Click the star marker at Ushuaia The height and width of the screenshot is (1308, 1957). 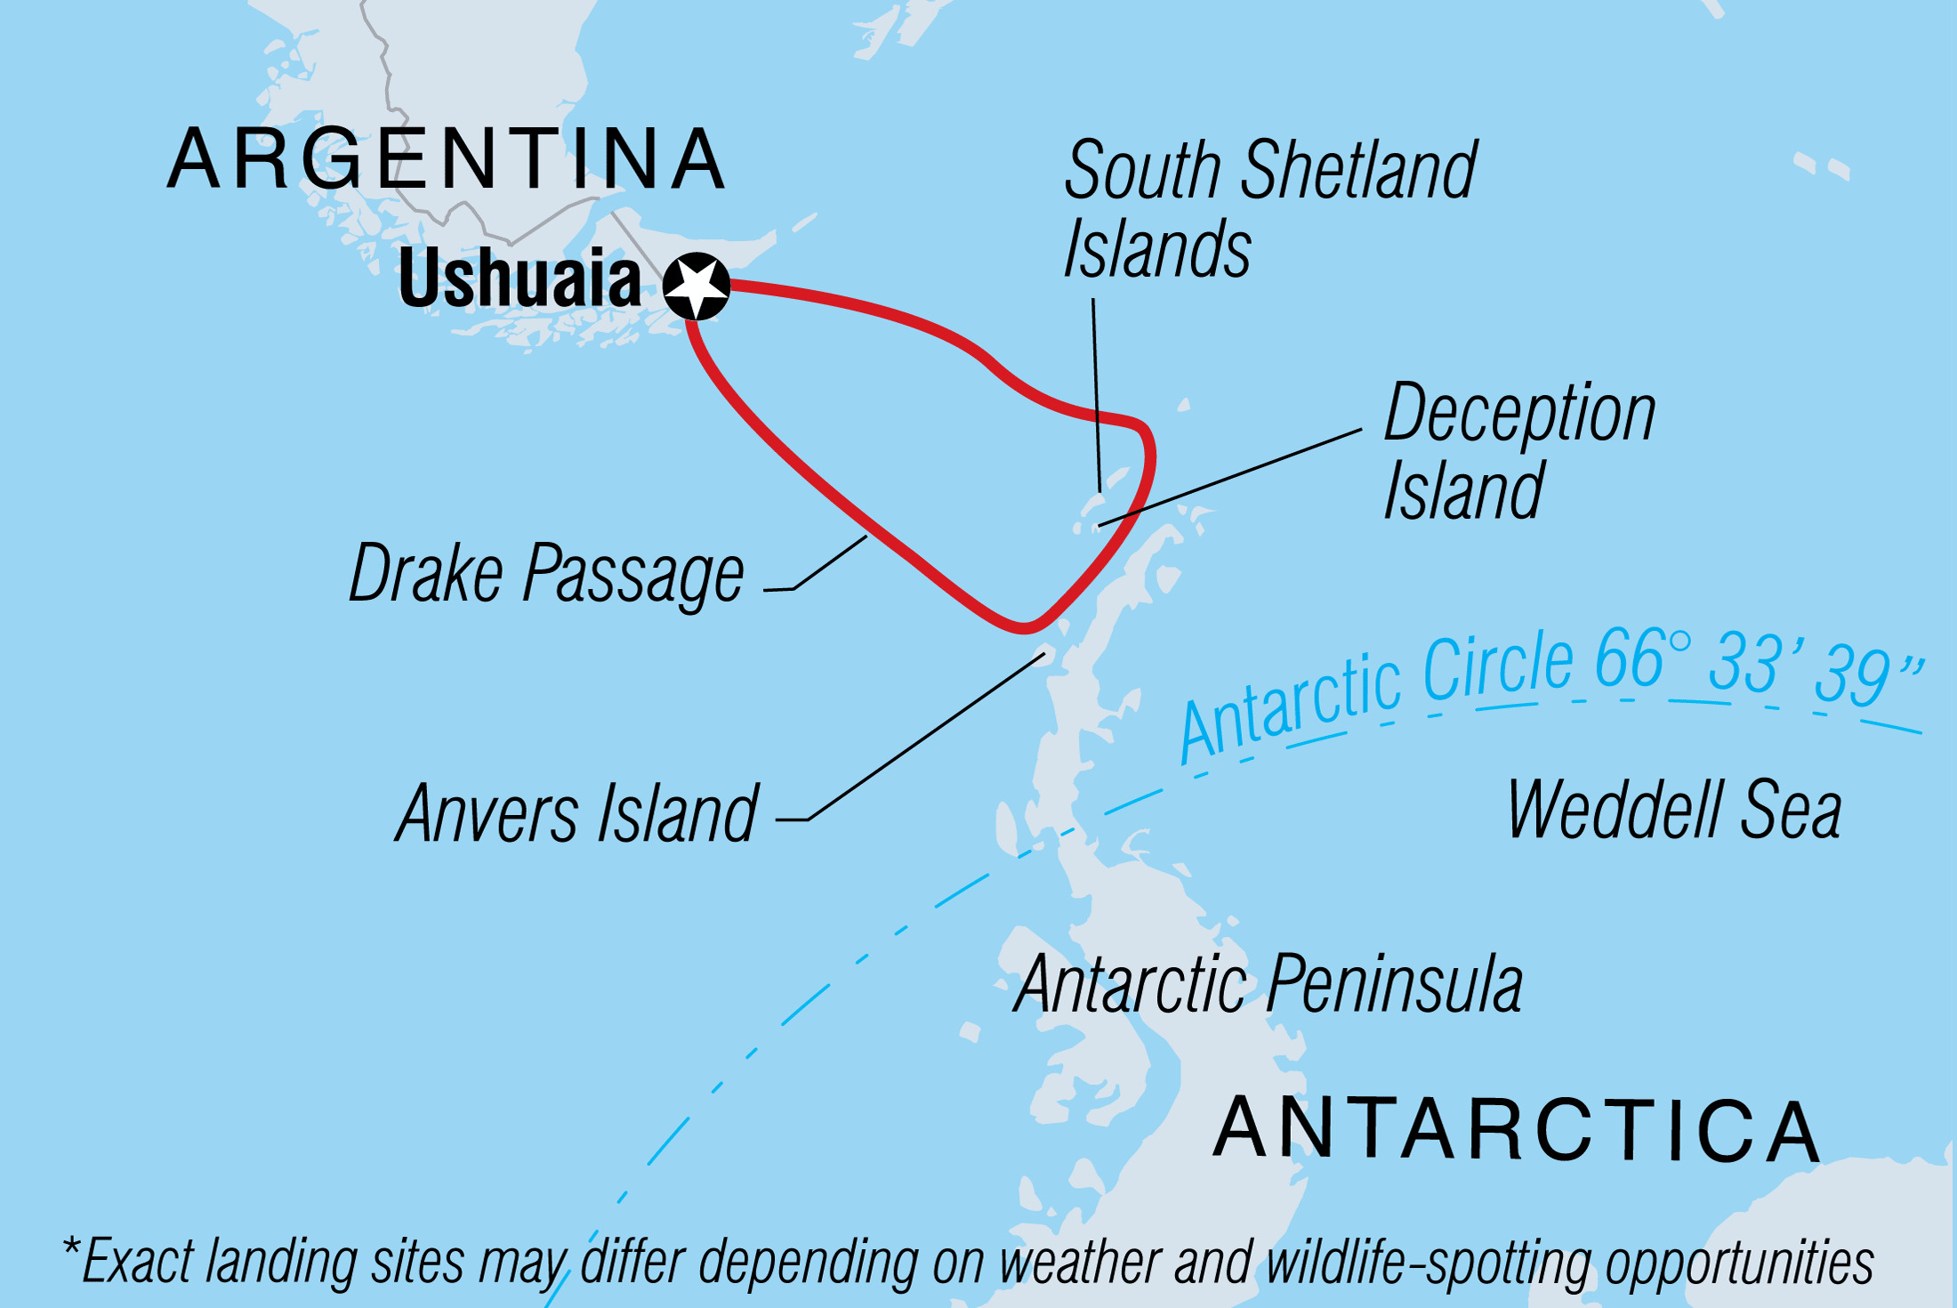(x=697, y=286)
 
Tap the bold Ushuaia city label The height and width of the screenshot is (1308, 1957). (x=519, y=279)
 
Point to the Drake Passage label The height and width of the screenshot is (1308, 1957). (x=546, y=574)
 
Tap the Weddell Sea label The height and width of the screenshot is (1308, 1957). (x=1674, y=810)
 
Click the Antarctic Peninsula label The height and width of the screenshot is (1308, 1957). (x=1268, y=984)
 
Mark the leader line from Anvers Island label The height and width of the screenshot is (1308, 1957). (x=925, y=737)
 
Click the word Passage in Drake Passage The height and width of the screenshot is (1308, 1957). (x=633, y=576)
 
